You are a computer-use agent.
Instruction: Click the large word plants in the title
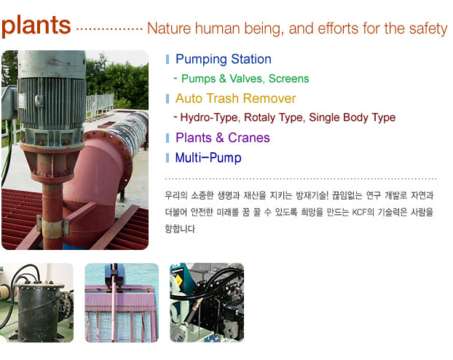tap(36, 26)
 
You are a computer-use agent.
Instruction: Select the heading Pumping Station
tap(224, 59)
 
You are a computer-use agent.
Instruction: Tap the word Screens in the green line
tap(288, 79)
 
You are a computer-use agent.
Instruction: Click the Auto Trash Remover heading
tap(235, 98)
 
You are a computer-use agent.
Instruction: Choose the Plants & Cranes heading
tap(223, 138)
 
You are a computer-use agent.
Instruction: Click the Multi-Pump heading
tap(208, 158)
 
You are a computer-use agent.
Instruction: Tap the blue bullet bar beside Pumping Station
tap(168, 60)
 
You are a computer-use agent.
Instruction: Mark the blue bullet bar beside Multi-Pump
tap(168, 158)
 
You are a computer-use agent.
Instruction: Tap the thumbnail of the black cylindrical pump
tap(36, 302)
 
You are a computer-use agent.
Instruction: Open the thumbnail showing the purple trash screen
tap(122, 302)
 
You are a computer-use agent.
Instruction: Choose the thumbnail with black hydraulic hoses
tap(207, 302)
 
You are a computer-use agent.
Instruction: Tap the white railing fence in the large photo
tap(100, 103)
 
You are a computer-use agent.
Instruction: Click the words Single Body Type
tap(352, 117)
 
